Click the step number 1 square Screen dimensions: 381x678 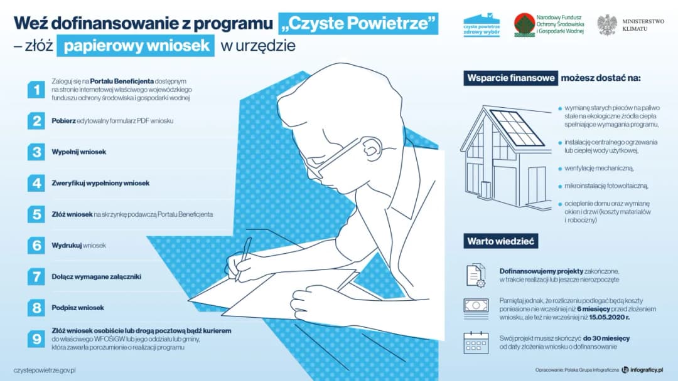[x=36, y=89]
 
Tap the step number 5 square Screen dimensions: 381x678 [x=36, y=214]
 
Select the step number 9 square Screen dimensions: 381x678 [x=36, y=339]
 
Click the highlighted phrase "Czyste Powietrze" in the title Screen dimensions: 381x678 [x=358, y=24]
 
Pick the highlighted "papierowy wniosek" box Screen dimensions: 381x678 [x=136, y=46]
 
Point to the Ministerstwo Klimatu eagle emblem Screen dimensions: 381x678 [x=606, y=25]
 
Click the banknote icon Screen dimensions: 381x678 [x=475, y=305]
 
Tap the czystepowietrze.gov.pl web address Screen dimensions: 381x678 [x=45, y=370]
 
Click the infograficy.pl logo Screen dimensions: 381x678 [x=642, y=370]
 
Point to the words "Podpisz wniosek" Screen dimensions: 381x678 [x=78, y=308]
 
